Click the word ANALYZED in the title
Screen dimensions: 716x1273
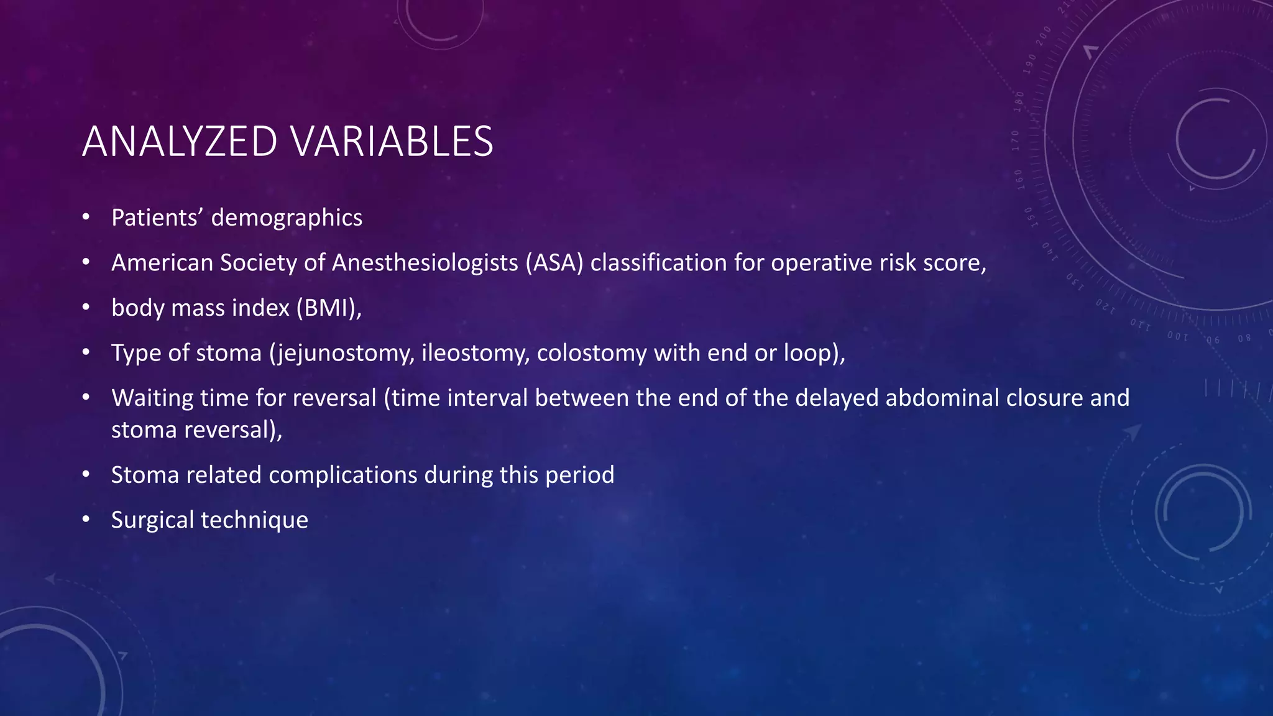(179, 142)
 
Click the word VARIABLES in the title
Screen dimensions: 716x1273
(392, 142)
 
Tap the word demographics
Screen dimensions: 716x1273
(287, 218)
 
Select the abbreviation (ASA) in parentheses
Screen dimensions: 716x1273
(554, 263)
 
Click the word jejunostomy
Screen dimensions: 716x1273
(342, 353)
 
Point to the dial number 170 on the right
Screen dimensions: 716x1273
(1016, 140)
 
